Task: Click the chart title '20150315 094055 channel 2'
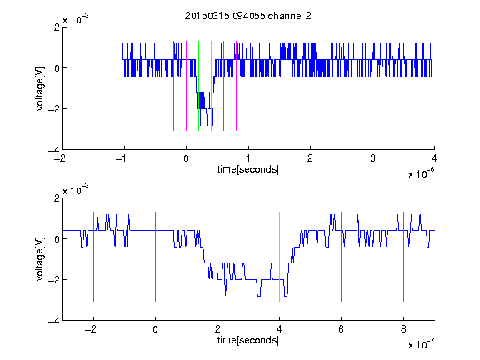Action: [x=248, y=16]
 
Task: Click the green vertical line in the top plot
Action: [x=198, y=86]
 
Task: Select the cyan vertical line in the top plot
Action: [x=211, y=86]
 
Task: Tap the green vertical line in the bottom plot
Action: [x=217, y=257]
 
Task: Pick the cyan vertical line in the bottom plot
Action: [x=279, y=257]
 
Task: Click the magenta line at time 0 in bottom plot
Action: [x=156, y=257]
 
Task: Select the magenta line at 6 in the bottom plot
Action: [x=342, y=257]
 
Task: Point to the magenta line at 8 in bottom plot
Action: [x=404, y=257]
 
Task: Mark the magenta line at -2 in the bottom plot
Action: [x=93, y=257]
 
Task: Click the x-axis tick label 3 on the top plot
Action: [x=372, y=158]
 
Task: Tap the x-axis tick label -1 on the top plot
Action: [x=122, y=158]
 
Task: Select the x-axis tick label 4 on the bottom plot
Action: [x=279, y=329]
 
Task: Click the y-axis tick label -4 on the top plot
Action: [x=54, y=150]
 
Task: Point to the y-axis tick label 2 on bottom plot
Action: [x=57, y=198]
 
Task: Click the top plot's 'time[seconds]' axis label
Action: [x=248, y=169]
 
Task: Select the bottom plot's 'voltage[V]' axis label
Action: [x=40, y=259]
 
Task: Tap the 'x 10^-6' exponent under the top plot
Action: [x=421, y=173]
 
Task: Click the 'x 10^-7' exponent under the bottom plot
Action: [x=421, y=344]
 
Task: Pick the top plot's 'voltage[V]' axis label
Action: [x=40, y=88]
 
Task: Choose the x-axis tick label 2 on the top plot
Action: [x=310, y=158]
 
